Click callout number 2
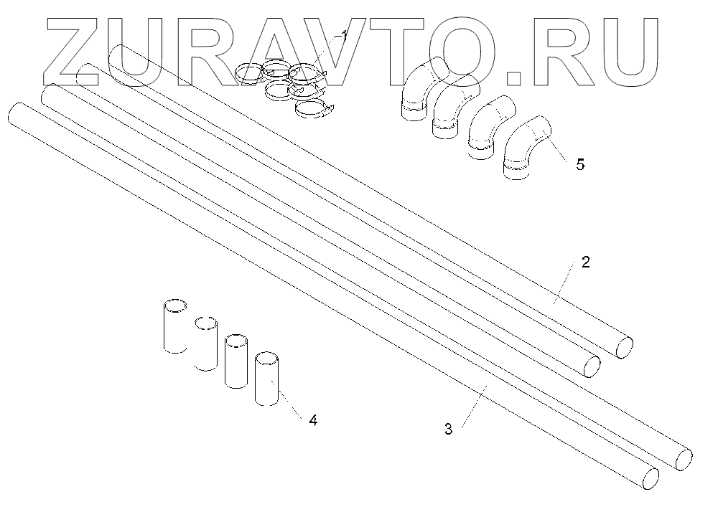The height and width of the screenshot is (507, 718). click(x=585, y=262)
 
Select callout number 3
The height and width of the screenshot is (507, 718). click(x=448, y=430)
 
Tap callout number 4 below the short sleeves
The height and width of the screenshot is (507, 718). click(x=312, y=420)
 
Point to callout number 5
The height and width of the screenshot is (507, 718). click(x=580, y=164)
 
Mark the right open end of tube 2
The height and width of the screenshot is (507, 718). click(x=624, y=346)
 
